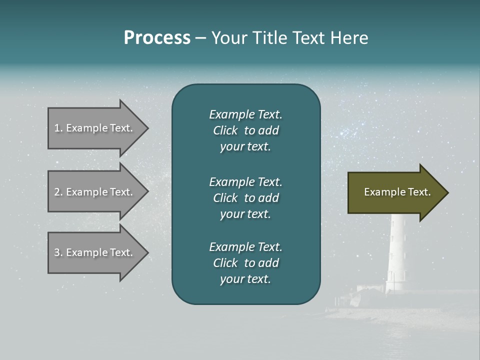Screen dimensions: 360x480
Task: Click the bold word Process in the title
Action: [x=157, y=38]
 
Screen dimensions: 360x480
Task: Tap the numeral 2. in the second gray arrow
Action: [x=58, y=192]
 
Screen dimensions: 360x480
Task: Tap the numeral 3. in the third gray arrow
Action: [x=58, y=252]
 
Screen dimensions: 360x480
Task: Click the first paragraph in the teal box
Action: [x=245, y=130]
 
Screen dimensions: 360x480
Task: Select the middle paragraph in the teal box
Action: [x=245, y=198]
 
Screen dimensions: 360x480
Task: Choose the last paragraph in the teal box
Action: [x=245, y=263]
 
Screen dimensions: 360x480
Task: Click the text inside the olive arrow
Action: [x=397, y=192]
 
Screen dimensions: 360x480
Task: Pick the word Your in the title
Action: [x=229, y=38]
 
